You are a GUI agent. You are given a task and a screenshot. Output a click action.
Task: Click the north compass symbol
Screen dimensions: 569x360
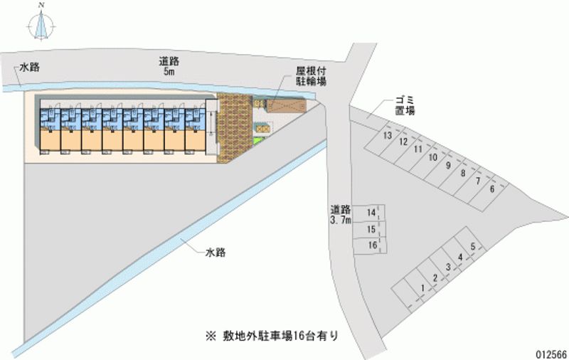pos(42,23)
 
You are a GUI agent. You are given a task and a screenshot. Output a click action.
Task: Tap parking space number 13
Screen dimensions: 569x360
pos(388,136)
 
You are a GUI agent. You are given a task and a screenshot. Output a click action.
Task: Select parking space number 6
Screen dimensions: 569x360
pos(491,189)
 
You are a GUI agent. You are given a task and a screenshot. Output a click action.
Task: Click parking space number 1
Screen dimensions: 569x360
pos(423,287)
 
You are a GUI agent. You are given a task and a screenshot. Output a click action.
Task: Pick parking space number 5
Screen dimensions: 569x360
pos(472,247)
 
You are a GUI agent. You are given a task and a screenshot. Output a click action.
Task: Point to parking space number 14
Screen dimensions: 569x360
pos(371,213)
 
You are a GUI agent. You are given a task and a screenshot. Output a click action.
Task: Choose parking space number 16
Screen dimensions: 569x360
pos(371,245)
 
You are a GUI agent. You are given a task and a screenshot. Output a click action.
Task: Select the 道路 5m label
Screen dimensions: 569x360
pos(169,66)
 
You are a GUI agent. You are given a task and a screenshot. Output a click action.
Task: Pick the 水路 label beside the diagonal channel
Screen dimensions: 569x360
pos(216,253)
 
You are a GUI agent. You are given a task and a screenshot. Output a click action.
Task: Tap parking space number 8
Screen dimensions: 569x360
pos(462,173)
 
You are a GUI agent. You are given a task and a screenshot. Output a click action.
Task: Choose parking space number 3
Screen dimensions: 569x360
pos(448,267)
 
